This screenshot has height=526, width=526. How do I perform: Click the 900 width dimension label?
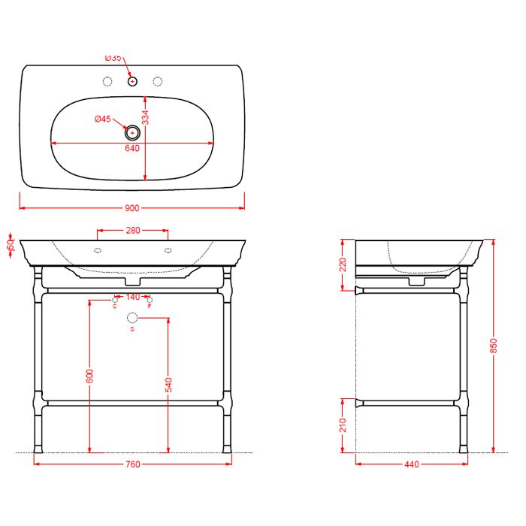132,208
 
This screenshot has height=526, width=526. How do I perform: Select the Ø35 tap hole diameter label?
113,58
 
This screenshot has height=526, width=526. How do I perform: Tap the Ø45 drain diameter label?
103,119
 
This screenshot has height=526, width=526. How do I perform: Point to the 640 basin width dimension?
132,148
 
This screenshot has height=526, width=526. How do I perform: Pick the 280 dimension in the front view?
132,231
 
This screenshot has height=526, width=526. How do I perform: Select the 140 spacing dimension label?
132,297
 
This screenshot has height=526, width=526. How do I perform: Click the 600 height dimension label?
89,375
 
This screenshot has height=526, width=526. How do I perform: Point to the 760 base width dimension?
132,464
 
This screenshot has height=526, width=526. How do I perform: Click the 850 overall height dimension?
494,345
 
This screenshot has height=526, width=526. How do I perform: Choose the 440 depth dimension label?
411,464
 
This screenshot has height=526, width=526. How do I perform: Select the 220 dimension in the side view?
343,264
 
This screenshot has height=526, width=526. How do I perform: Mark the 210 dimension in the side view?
343,425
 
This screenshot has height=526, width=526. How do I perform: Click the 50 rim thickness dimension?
11,246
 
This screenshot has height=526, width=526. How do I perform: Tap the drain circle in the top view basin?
133,132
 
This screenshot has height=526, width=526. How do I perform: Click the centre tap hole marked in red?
132,81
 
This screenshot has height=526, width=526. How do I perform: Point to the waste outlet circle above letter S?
132,319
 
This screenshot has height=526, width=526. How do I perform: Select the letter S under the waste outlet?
132,330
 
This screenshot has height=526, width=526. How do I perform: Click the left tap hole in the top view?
107,81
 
